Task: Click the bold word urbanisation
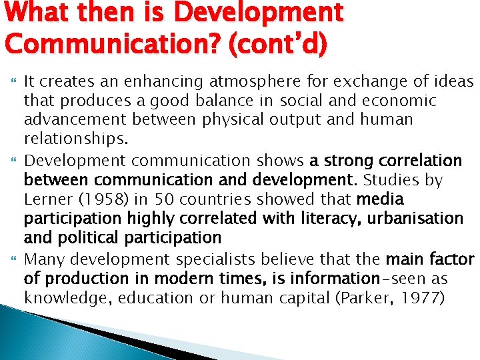coord(407,219)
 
